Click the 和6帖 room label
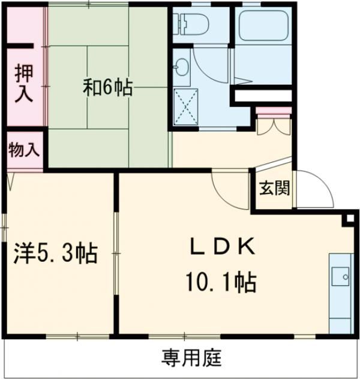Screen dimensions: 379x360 pos(107,88)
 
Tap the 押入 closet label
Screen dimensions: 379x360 pos(25,83)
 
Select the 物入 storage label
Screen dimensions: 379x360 pos(24,150)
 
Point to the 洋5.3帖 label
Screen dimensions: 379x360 pos(56,253)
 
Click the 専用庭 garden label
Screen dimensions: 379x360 pos(191,359)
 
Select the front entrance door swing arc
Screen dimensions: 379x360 pos(315,186)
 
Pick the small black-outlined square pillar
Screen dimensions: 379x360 pos(347,219)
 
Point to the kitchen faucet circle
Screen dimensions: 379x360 pos(345,277)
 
